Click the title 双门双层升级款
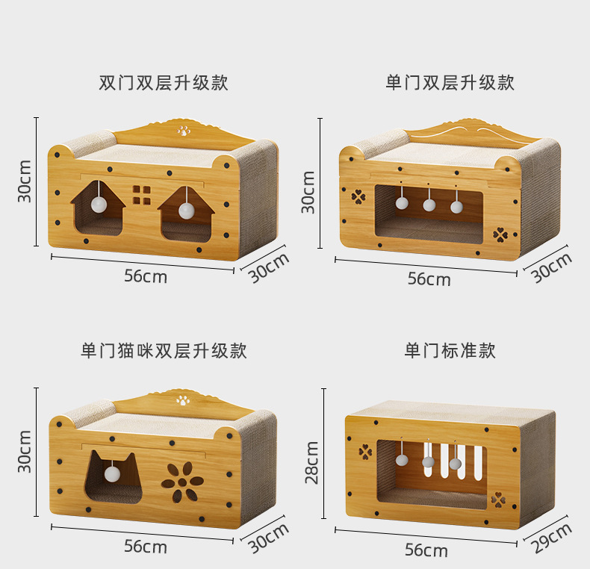[164, 83]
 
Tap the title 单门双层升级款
[450, 83]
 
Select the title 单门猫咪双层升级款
[164, 351]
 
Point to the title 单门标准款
[450, 351]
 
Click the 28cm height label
[312, 462]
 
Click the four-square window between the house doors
[142, 195]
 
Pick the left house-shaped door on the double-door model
[97, 210]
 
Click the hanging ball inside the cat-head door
[111, 473]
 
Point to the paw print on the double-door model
[184, 131]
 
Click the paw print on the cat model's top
[183, 399]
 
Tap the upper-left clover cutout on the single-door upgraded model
[358, 197]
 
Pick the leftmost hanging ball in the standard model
[402, 464]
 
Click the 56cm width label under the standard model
[426, 551]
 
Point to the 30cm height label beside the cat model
[25, 451]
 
